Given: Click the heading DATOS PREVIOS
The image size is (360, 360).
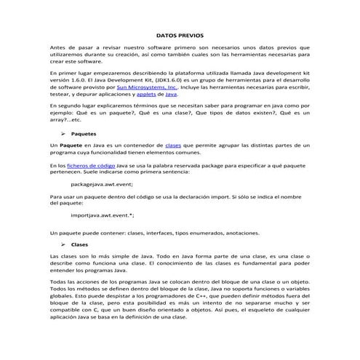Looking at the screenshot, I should pos(180,34).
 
